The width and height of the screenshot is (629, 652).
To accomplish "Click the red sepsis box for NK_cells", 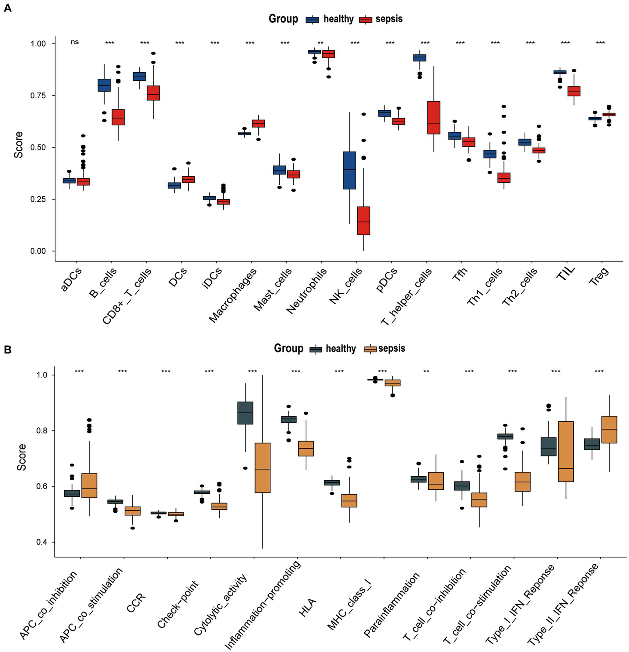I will point(363,221).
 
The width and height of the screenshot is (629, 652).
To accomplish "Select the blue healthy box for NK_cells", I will point(350,170).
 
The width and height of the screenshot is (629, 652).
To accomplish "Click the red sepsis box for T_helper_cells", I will point(434,118).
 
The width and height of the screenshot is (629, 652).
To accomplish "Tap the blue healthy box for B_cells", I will point(104,85).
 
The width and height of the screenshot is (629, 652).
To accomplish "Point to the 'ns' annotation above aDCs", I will point(75,42).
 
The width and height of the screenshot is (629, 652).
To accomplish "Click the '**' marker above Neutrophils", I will point(320,43).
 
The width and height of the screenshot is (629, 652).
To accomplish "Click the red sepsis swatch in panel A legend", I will point(366,19).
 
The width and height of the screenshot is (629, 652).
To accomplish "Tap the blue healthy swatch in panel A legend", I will point(313,19).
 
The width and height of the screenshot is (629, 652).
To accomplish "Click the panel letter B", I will point(7,350).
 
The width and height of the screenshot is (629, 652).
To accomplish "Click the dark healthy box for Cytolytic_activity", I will point(245,413).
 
